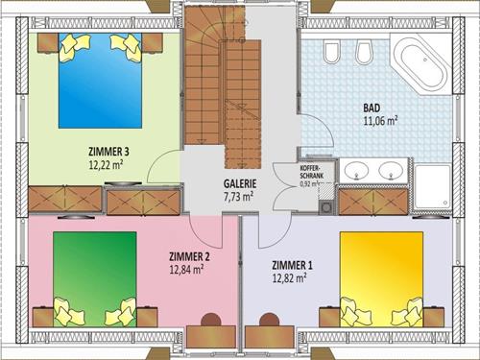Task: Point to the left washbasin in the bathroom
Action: point(357,172)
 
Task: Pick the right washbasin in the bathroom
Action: point(393,172)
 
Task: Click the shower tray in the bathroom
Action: point(432,183)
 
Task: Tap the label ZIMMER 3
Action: point(108,151)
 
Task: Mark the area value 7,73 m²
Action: point(239,196)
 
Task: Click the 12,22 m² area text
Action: point(108,164)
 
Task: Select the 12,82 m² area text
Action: point(288,278)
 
